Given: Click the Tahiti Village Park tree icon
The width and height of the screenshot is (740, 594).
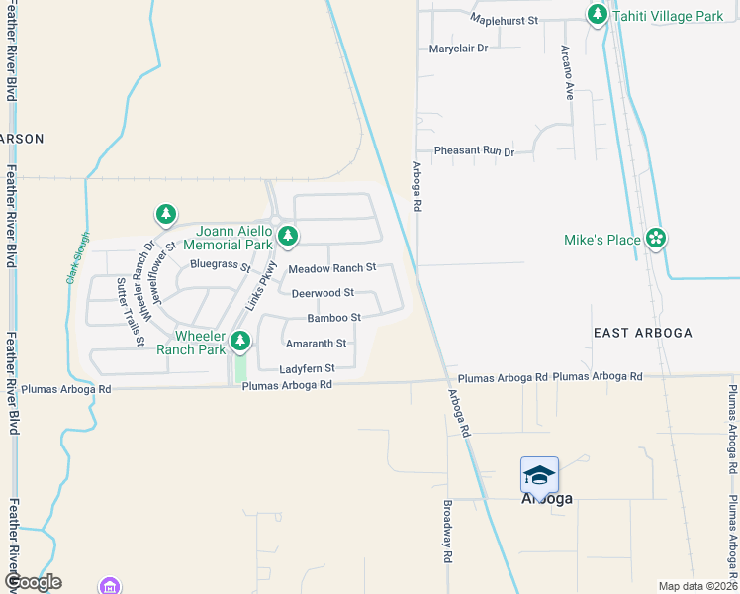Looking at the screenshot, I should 597,15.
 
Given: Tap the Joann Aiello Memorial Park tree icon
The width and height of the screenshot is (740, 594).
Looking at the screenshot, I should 287,236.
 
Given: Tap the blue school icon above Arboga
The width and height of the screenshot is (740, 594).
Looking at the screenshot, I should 539,475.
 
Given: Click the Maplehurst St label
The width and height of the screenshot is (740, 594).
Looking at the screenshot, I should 504,20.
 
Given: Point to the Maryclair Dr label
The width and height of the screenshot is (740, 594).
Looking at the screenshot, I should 459,49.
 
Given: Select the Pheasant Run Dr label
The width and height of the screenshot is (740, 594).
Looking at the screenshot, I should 474,151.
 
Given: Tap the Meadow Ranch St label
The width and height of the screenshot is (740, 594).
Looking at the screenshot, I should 332,268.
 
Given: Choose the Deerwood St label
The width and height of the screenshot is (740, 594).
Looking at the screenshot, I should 323,293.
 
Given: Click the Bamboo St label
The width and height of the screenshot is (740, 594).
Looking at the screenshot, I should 333,318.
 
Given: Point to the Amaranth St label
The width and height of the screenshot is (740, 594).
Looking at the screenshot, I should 316,344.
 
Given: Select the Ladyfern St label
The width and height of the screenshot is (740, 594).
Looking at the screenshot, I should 308,368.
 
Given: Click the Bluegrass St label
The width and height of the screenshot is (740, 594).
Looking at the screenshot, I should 220,265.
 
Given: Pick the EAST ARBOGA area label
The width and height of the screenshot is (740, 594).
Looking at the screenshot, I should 643,332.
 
